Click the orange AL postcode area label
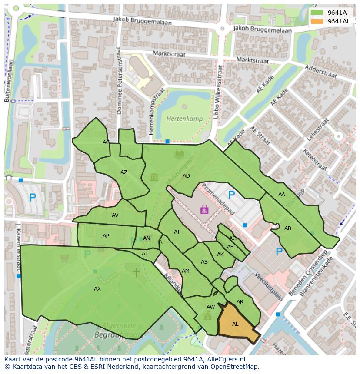(x=235, y=324)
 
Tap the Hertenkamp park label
(x=181, y=118)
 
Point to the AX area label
(x=97, y=288)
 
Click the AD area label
(x=186, y=176)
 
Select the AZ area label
(x=124, y=172)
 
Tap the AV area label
(x=115, y=215)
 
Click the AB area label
(x=288, y=228)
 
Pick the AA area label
(x=282, y=195)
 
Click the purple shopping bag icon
(x=204, y=210)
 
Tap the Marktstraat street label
(x=169, y=54)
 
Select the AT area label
(x=177, y=232)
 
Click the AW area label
(x=210, y=307)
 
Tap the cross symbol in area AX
(x=137, y=272)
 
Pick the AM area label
(x=186, y=271)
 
